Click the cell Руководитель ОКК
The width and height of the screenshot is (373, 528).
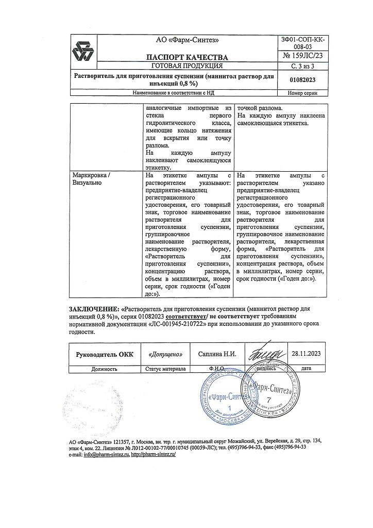point(105,354)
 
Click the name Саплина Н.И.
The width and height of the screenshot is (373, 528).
point(217,354)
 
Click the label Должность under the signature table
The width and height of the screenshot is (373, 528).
point(105,369)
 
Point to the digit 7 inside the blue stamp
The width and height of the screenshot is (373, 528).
point(267,401)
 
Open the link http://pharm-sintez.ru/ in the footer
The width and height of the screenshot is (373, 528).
point(154,455)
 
